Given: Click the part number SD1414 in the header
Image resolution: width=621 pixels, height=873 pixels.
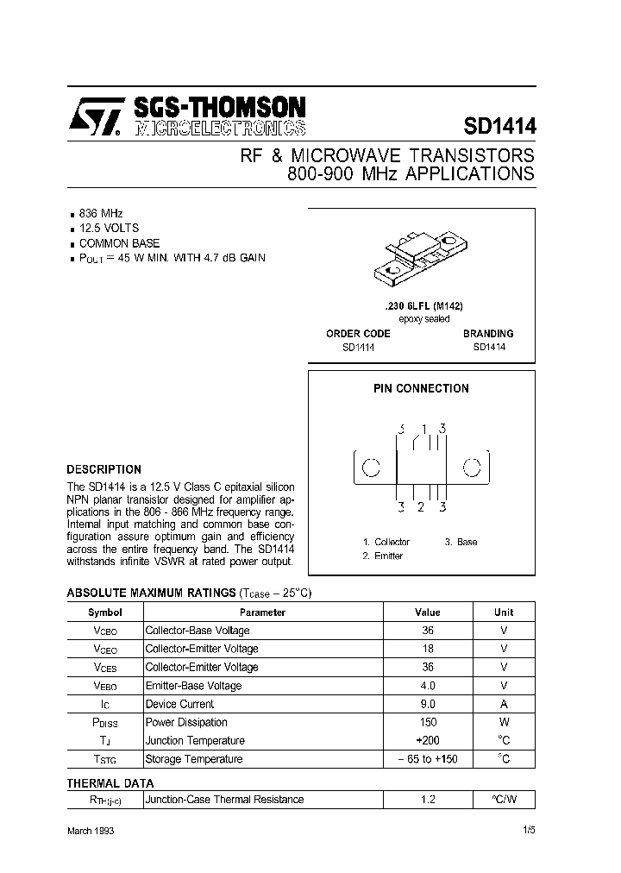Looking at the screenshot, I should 499,126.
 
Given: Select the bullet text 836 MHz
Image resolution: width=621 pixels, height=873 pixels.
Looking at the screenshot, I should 101,213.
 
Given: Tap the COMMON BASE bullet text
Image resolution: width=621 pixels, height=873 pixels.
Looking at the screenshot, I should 119,243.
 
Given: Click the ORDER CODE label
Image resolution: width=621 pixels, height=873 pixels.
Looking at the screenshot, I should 358,333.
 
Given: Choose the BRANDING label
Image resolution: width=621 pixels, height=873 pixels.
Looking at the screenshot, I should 487,333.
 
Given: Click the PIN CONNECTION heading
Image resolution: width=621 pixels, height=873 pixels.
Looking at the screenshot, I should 421,389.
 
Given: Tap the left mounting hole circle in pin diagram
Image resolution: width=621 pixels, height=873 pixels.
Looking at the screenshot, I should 370,468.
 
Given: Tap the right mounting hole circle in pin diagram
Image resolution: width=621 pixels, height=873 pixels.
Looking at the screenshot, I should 472,468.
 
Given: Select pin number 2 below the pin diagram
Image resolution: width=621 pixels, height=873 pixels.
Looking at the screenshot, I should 420,506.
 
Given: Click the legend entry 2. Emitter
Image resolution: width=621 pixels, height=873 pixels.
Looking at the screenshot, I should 382,556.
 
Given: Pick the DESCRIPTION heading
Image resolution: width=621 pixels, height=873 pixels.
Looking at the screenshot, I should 103,470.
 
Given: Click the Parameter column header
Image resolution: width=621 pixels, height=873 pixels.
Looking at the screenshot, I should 262,612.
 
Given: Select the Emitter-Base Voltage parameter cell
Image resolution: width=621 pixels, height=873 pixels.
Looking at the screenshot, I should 193,686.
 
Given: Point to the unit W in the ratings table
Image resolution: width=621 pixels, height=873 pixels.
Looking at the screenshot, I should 504,722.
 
